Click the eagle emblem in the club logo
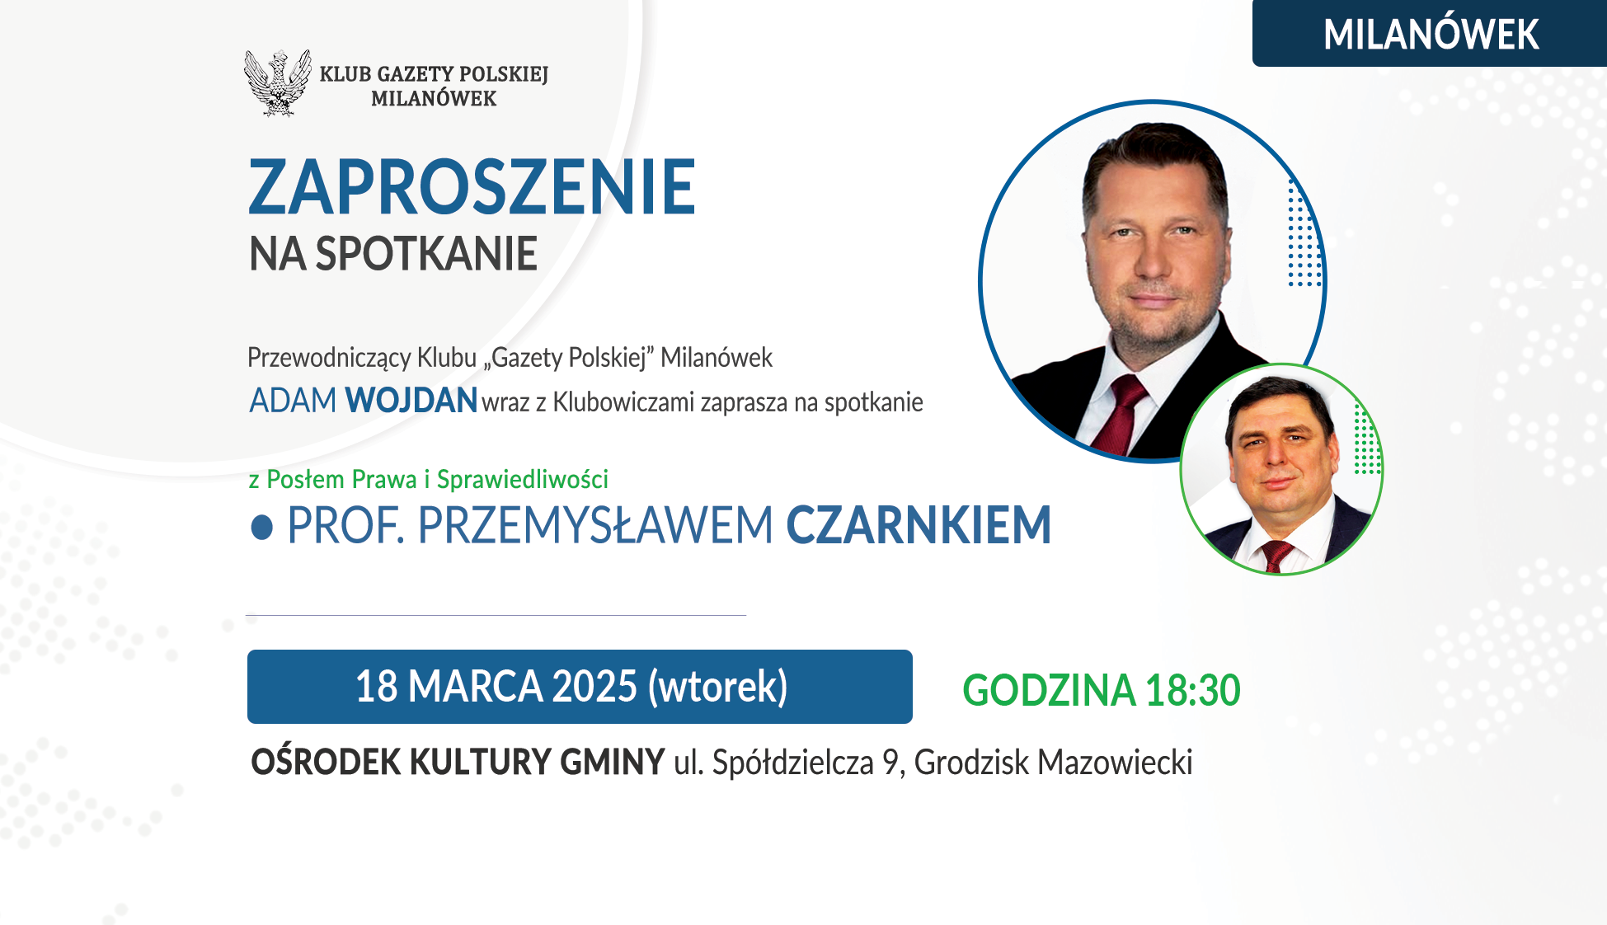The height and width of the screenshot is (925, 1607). [x=278, y=82]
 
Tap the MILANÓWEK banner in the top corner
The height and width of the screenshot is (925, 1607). [x=1430, y=34]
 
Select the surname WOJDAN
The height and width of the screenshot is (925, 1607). [x=411, y=401]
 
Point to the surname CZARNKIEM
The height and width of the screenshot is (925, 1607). [x=919, y=525]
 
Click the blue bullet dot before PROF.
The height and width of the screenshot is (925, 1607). [x=261, y=528]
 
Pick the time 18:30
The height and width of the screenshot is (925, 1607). [x=1192, y=690]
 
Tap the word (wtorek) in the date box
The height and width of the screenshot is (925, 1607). [x=717, y=688]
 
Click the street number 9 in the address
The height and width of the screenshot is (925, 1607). [x=891, y=763]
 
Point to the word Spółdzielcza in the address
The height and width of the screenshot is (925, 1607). [x=793, y=763]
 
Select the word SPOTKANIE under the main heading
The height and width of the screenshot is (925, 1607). [x=426, y=254]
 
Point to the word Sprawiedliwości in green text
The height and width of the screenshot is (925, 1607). [x=523, y=479]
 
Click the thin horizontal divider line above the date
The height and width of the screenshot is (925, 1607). [x=496, y=615]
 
